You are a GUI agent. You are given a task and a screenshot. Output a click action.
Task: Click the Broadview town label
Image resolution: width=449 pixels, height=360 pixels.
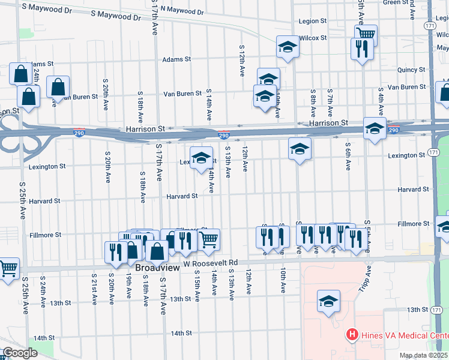coord(157,268)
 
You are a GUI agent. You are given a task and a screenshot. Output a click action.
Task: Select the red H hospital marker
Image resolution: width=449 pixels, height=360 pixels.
coord(352,335)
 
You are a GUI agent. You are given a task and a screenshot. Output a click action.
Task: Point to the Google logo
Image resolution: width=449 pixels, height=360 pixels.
coord(20,353)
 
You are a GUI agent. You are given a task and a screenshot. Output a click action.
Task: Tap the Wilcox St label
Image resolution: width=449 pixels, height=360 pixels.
coord(313,38)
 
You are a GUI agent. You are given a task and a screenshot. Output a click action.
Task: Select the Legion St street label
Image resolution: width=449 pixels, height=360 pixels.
coord(312,22)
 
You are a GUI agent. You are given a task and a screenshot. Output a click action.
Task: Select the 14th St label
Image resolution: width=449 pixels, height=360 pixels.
coord(181,333)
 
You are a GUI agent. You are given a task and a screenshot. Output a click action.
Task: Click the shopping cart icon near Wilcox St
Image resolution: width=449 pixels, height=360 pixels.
coord(366,34)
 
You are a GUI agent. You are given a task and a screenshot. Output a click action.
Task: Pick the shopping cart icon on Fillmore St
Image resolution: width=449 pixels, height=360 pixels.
coord(209,239)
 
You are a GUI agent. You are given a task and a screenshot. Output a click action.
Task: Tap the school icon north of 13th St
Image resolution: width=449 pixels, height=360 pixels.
coord(328,302)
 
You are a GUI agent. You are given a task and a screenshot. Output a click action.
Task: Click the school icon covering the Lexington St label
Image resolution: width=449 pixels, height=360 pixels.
coord(202,158)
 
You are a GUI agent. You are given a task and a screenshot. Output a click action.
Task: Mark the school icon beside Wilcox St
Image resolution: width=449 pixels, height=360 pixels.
coord(288,46)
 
